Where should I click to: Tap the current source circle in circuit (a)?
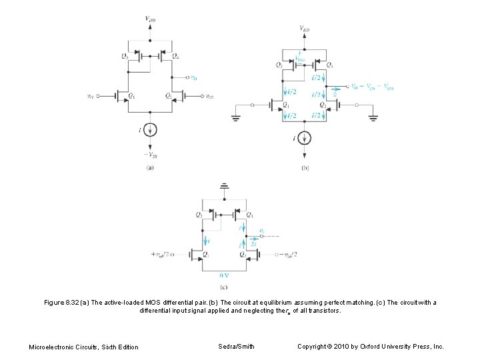coord(151,129)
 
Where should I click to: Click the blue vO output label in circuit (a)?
coord(193,77)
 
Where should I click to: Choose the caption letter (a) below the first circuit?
coord(151,168)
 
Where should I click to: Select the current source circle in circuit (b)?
coord(305,138)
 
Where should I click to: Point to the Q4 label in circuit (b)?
coord(330,65)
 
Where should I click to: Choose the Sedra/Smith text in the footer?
coord(236,346)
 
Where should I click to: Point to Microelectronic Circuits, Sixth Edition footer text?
coord(84,347)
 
